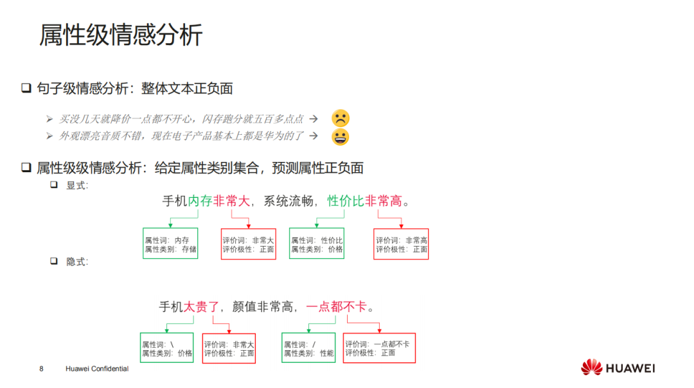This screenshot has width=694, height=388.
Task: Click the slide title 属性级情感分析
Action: [121, 35]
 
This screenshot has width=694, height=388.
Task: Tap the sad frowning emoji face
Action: [341, 118]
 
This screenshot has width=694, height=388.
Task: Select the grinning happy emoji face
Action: [341, 136]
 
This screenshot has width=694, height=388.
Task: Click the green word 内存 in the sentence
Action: [200, 201]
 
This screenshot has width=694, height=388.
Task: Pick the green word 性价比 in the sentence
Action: [346, 201]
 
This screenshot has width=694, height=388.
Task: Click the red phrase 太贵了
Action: [202, 307]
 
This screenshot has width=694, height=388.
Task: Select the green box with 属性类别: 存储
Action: [170, 244]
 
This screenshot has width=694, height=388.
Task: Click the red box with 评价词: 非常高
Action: [401, 244]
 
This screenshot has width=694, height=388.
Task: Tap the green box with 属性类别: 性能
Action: [308, 348]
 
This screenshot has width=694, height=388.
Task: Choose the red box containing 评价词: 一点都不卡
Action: [379, 348]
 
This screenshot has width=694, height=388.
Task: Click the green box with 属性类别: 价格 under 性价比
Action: [317, 244]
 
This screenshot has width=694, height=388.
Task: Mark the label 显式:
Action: [77, 186]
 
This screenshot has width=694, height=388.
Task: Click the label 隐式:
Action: [77, 262]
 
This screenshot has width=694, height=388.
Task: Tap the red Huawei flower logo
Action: [591, 368]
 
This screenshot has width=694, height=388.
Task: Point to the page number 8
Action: [41, 369]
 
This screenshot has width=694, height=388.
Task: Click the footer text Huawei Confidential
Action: [97, 369]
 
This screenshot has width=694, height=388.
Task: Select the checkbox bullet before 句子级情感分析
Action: [26, 89]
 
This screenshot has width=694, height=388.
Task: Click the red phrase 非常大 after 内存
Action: [231, 201]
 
